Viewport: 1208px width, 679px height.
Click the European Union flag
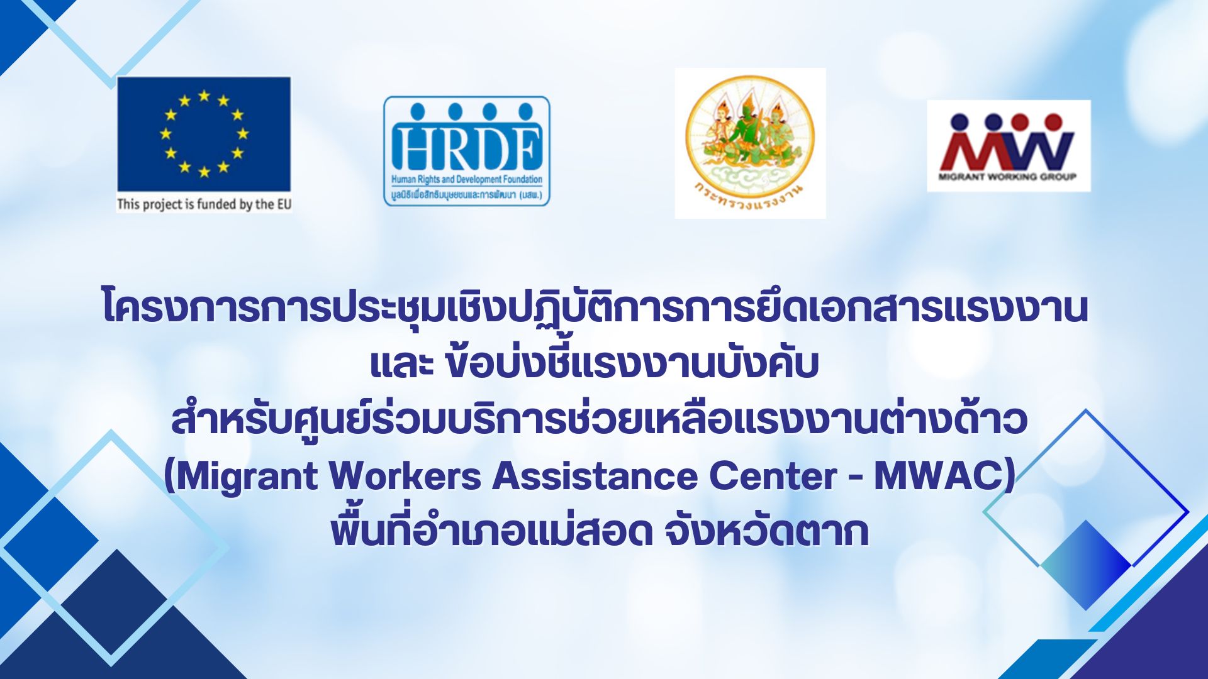click(x=204, y=134)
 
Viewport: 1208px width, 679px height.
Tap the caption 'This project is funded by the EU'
click(x=204, y=204)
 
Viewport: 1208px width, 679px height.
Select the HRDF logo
click(x=467, y=151)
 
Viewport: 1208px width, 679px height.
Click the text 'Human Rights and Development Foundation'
click(x=467, y=180)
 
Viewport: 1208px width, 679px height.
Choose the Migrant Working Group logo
click(x=1009, y=146)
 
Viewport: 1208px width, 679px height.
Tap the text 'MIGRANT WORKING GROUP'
click(x=1007, y=177)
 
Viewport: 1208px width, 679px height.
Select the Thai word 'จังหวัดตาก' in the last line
click(x=766, y=532)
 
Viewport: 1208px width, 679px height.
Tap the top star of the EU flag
click(x=204, y=96)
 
